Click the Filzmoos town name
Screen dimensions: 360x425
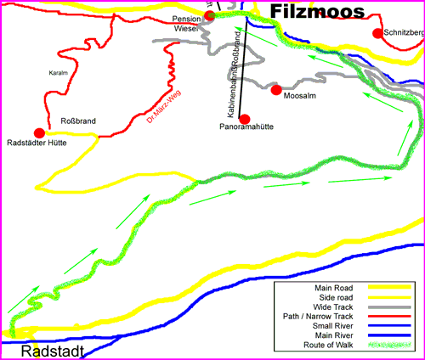(x=316, y=11)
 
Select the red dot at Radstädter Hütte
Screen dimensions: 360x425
(x=39, y=132)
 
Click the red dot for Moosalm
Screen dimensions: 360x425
(x=275, y=90)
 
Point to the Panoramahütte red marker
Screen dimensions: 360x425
(x=245, y=119)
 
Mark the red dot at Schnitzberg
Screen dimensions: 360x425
(x=377, y=33)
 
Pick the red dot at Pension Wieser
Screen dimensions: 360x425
(x=209, y=15)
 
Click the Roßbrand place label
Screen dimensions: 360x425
(x=78, y=121)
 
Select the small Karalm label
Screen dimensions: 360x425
(x=58, y=73)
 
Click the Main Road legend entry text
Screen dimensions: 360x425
(x=334, y=288)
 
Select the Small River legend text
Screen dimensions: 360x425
(x=333, y=325)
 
